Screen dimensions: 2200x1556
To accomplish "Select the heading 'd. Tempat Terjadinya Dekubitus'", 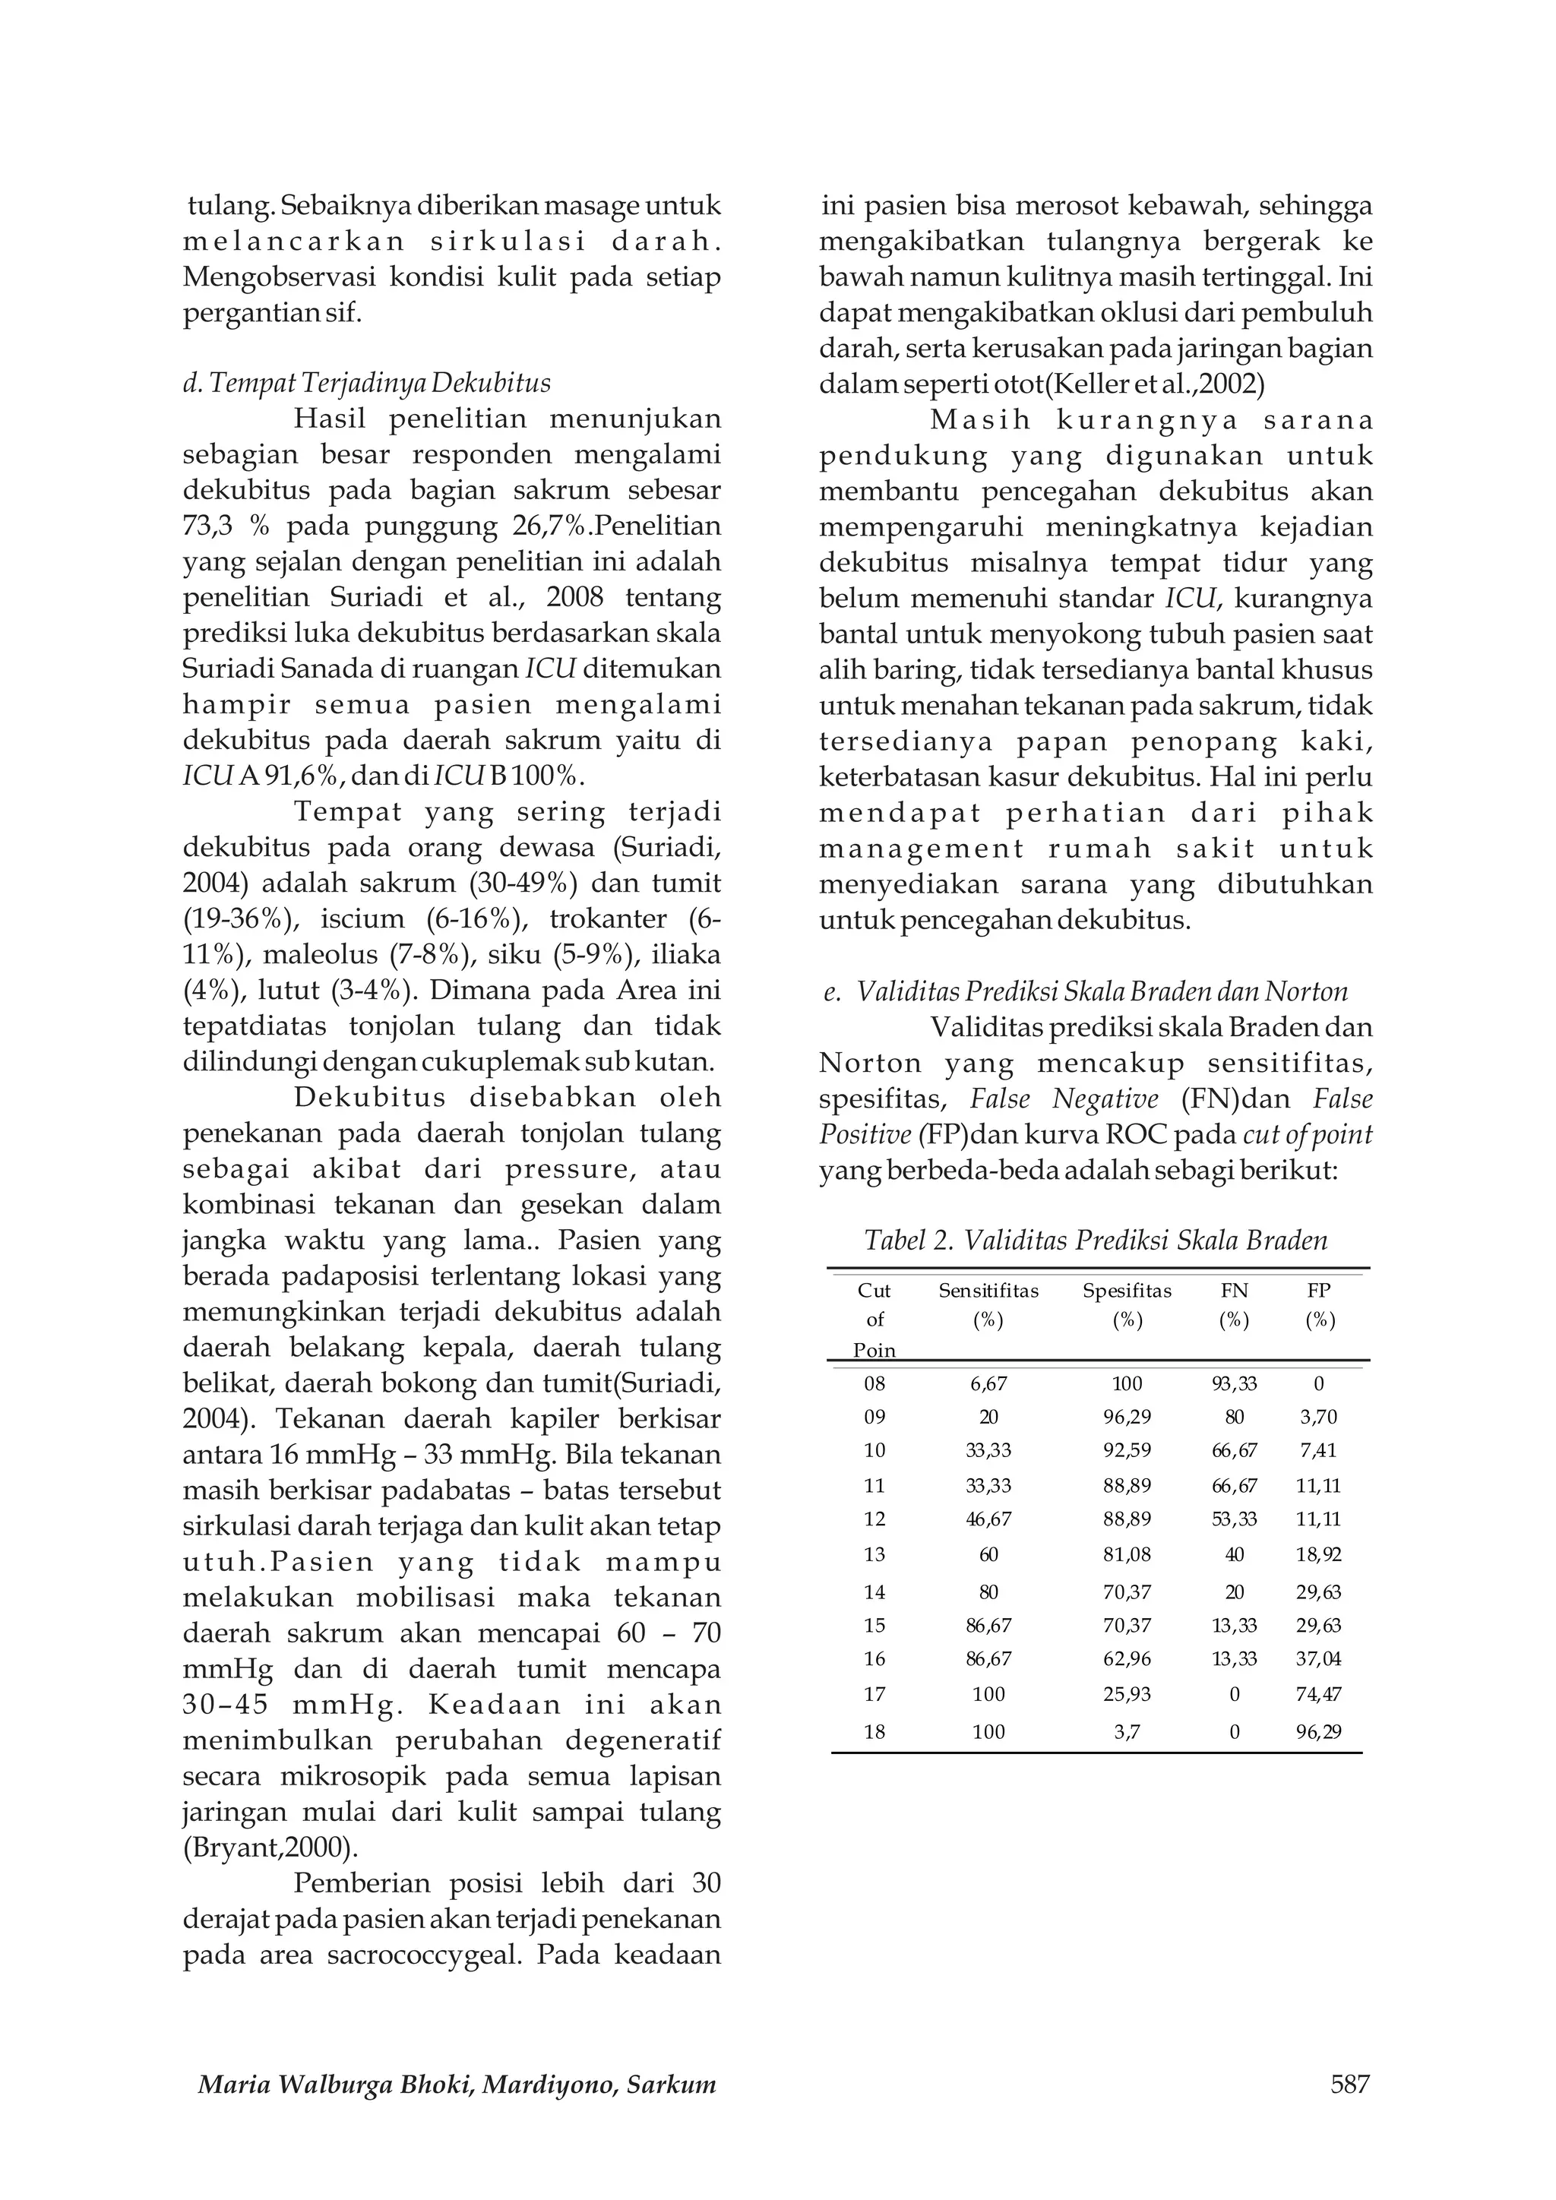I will pos(367,384).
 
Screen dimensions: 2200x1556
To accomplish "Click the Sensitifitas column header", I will pos(988,1291).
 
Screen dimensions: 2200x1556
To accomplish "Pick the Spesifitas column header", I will pos(1127,1291).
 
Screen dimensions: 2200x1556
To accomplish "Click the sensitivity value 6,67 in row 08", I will pos(988,1383).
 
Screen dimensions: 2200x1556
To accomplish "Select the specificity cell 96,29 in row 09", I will pos(1127,1417).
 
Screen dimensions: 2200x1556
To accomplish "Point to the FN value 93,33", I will pos(1234,1383).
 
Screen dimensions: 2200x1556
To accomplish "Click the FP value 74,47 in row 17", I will pos(1318,1694).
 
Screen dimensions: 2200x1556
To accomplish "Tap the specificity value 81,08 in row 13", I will pos(1127,1554).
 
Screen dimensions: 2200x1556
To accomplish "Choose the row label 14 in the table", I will pos(874,1592).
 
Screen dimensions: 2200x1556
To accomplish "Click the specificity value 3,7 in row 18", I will pos(1127,1731).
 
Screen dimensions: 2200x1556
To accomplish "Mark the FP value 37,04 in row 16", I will pos(1318,1658).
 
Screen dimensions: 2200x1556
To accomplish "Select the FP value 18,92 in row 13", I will pos(1318,1554).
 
